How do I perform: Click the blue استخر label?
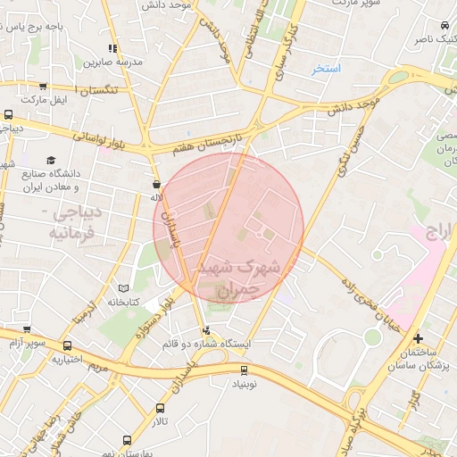(327, 69)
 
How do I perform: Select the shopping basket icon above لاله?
(156, 185)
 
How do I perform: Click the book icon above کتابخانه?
(123, 288)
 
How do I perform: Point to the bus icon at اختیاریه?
(67, 346)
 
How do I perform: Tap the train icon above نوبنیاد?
(244, 370)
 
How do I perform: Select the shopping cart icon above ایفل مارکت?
(42, 87)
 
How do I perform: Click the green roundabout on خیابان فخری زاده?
(371, 337)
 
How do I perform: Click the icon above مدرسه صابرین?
(112, 49)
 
